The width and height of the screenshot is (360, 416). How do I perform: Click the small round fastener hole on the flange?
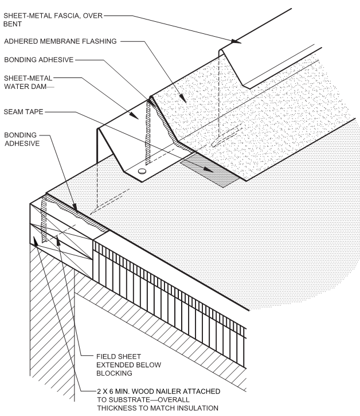coord(142,172)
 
